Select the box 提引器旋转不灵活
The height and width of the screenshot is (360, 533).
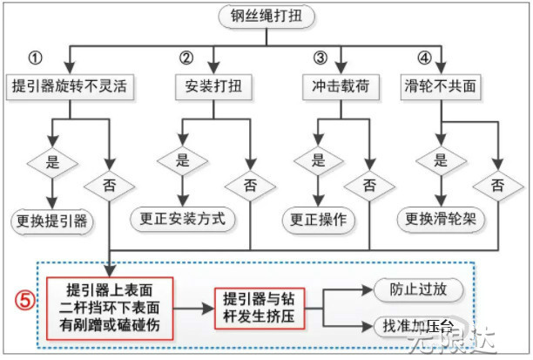point(70,87)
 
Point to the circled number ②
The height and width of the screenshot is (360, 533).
point(186,58)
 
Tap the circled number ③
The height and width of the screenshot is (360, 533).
point(320,58)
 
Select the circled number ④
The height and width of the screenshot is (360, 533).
point(424,58)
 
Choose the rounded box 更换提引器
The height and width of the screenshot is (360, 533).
point(53,221)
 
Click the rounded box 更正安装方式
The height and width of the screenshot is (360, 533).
point(183,218)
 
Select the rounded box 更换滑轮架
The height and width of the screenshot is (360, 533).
point(441,219)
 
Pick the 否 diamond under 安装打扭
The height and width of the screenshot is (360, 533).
point(250,186)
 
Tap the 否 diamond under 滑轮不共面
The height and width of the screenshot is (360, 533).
point(497,186)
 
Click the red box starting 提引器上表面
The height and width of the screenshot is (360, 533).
point(110,309)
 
